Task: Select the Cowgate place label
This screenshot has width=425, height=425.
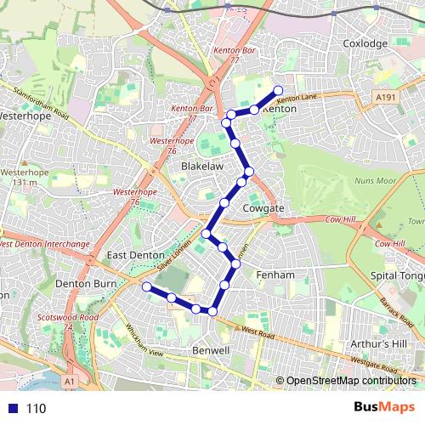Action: click(x=263, y=207)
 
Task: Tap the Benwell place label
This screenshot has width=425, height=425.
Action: click(x=211, y=350)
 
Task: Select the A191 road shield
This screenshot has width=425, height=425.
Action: click(x=388, y=99)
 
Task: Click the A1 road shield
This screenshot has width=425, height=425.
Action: click(x=70, y=382)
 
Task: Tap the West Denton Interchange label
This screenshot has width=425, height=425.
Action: click(x=44, y=244)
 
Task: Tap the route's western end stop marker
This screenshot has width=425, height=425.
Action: click(x=146, y=287)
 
